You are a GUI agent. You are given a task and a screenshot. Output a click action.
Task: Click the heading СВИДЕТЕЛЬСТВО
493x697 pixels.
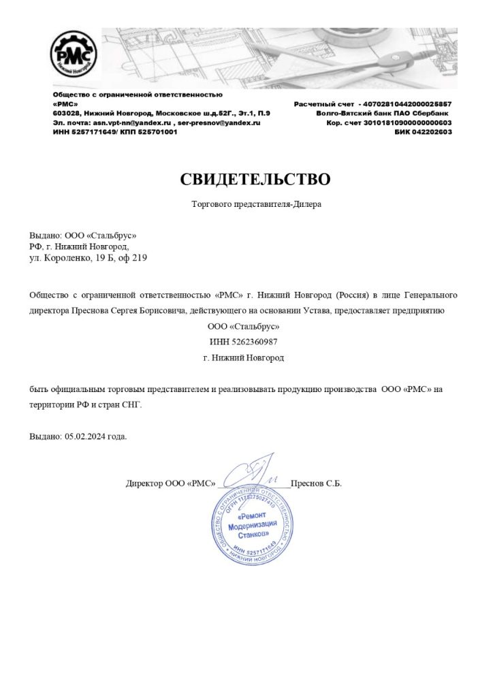[x=255, y=180]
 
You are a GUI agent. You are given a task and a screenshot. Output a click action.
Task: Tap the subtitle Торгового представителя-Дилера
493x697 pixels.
[x=255, y=204]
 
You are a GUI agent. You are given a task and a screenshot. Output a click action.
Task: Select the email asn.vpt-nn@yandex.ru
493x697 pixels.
[x=132, y=123]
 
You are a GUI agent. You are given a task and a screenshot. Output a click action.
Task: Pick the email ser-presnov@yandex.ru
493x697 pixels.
[x=219, y=123]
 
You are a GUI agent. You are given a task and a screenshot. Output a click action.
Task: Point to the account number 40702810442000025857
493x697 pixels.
[x=404, y=103]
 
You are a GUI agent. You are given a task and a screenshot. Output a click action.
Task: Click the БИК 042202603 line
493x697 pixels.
[x=423, y=132]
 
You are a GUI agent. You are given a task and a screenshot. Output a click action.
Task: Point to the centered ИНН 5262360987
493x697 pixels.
[x=243, y=342]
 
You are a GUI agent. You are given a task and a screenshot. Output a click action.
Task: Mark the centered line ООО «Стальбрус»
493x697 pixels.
[x=243, y=327]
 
